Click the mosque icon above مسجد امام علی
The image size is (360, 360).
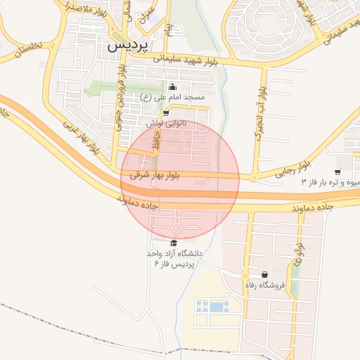tap(172, 86)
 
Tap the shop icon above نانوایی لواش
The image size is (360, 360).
tap(165, 112)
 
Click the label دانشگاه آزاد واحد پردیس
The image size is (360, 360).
tap(174, 257)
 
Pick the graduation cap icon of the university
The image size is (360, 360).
tap(174, 243)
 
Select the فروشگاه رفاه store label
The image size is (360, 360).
tap(264, 285)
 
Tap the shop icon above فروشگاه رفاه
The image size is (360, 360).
tap(264, 274)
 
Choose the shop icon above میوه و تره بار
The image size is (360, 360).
tap(337, 172)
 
